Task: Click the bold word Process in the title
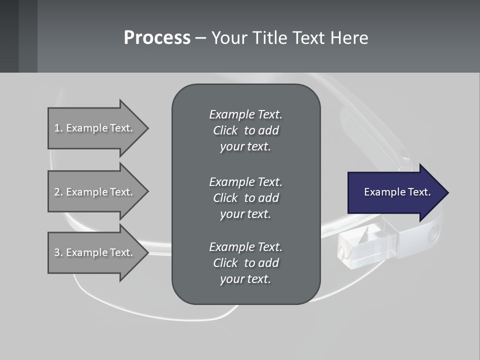click(157, 38)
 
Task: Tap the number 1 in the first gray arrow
click(57, 128)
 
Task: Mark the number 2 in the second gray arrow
click(57, 192)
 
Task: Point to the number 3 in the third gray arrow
click(57, 252)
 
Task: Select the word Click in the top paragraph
click(225, 130)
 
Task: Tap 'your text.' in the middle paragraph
click(245, 214)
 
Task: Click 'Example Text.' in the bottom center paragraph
click(245, 247)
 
